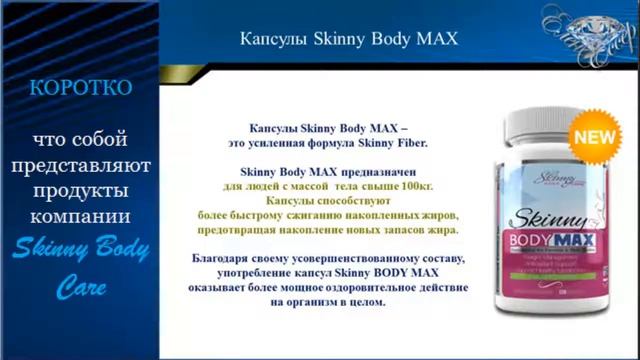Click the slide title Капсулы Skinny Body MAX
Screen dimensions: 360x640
[350, 39]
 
